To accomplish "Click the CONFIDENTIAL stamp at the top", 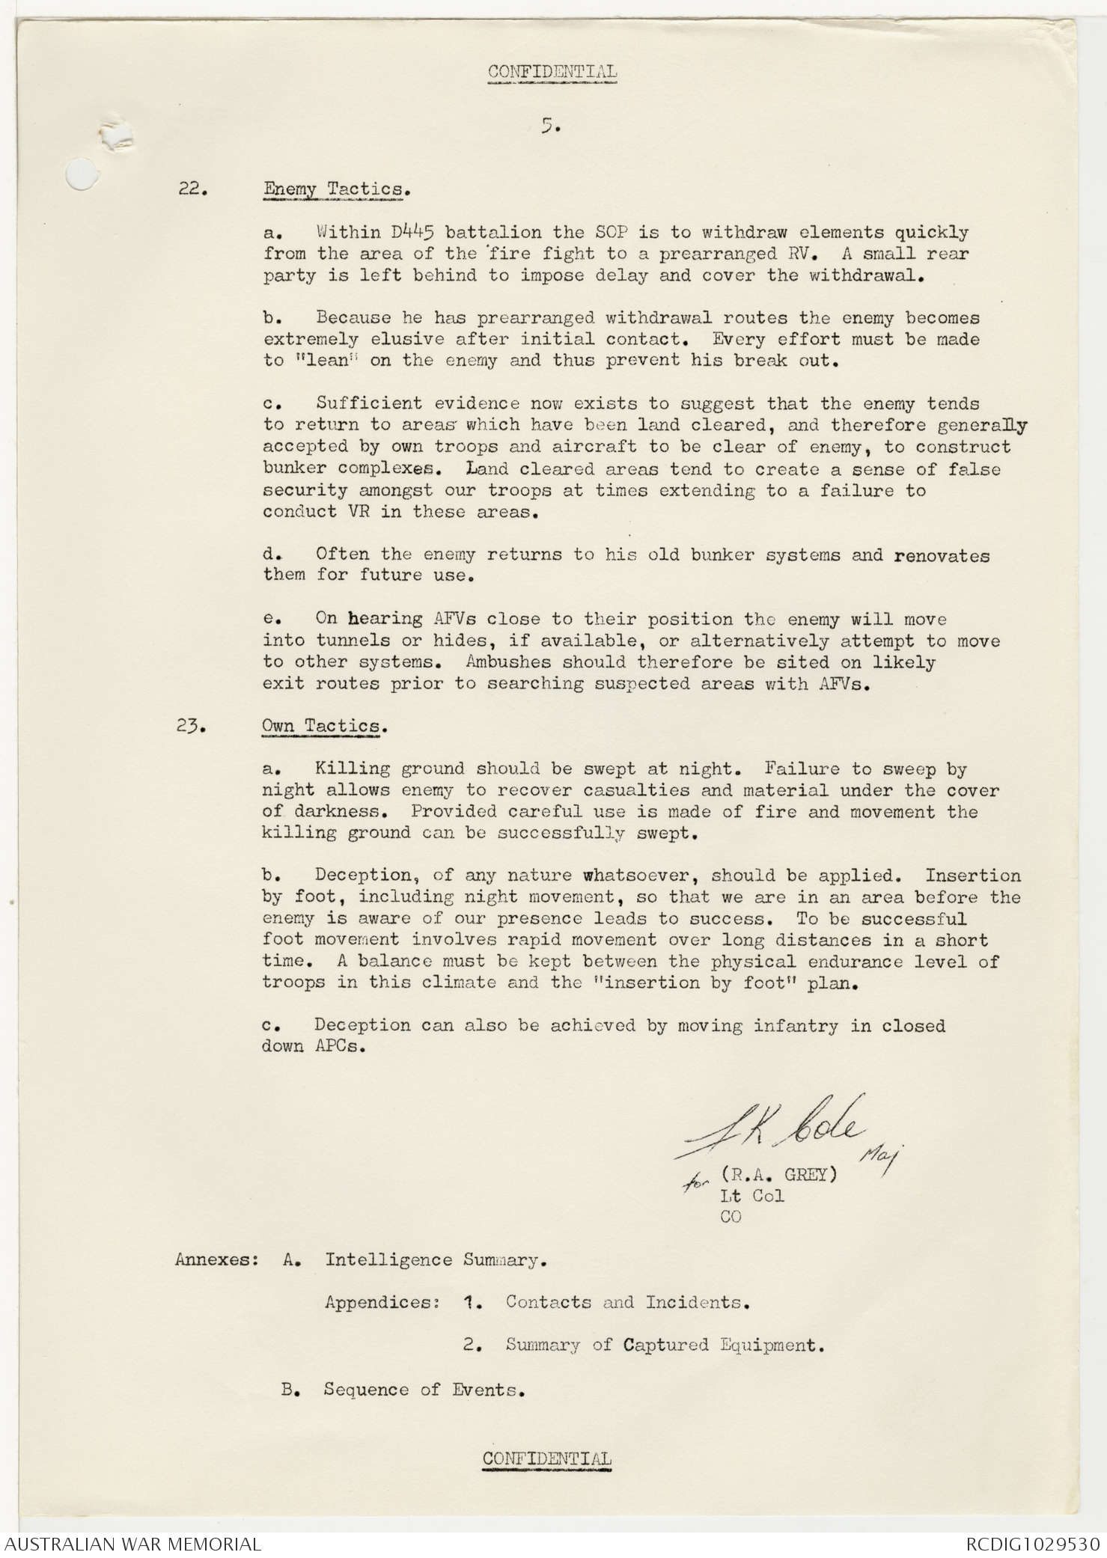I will (x=552, y=73).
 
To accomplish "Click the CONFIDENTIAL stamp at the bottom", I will (x=546, y=1458).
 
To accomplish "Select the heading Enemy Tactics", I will (x=336, y=189).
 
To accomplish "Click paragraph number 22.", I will (x=192, y=189).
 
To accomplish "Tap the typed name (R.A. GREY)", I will (x=778, y=1174).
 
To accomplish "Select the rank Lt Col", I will (x=751, y=1196).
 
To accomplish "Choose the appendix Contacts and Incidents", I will (x=627, y=1303).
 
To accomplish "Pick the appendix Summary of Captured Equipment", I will (x=665, y=1345).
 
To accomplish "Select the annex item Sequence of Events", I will (x=424, y=1390).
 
